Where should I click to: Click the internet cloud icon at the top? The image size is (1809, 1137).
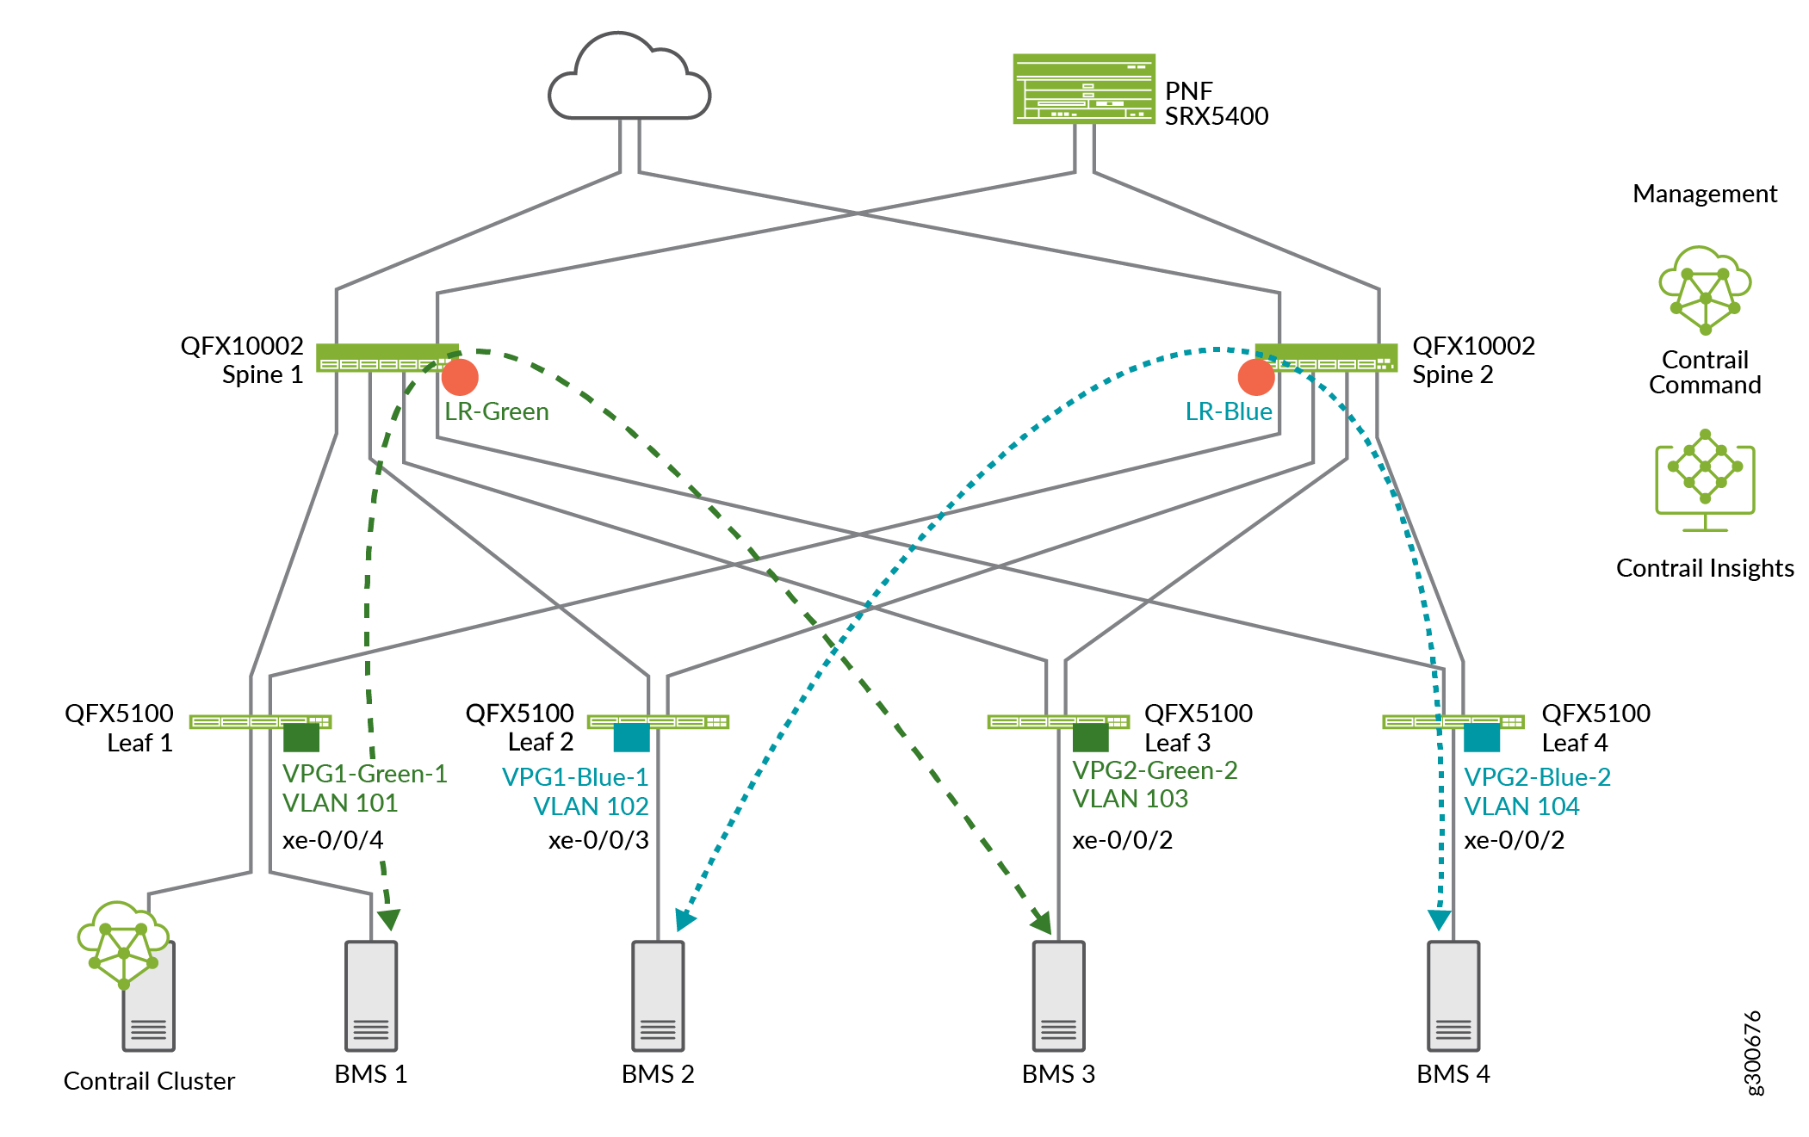click(629, 79)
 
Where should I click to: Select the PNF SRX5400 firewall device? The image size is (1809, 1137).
click(1083, 90)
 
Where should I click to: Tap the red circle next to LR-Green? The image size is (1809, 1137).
click(460, 377)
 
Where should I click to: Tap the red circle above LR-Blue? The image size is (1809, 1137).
click(1256, 377)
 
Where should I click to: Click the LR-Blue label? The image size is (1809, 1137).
click(1228, 411)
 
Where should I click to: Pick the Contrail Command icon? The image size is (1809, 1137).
click(1705, 291)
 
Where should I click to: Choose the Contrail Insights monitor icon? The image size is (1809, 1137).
click(1705, 480)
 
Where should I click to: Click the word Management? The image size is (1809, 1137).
click(1704, 195)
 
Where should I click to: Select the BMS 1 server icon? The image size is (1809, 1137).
click(371, 996)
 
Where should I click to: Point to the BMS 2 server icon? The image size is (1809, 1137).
click(658, 996)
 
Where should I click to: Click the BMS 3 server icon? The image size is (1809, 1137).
click(1058, 996)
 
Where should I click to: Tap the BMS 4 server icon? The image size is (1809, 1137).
click(1453, 996)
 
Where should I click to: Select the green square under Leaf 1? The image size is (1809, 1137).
click(301, 738)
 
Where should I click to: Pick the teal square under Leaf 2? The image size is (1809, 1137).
click(632, 738)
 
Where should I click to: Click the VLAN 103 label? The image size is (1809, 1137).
click(1130, 799)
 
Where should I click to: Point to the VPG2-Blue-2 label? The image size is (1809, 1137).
click(1537, 777)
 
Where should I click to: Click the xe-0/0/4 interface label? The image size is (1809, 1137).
click(333, 840)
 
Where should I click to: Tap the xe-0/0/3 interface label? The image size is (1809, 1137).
click(598, 840)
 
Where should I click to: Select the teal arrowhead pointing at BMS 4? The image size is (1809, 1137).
click(1440, 920)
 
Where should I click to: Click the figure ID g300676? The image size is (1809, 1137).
click(1753, 1053)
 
